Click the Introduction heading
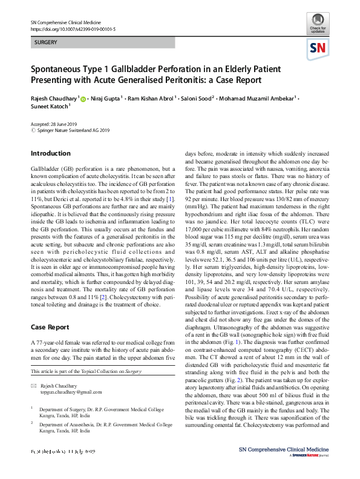tap(50, 154)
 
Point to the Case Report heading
tap(50, 328)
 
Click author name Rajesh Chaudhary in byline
tap(54, 97)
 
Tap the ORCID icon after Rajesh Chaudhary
tap(83, 98)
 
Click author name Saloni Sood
tap(195, 97)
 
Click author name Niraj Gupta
tap(105, 97)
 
